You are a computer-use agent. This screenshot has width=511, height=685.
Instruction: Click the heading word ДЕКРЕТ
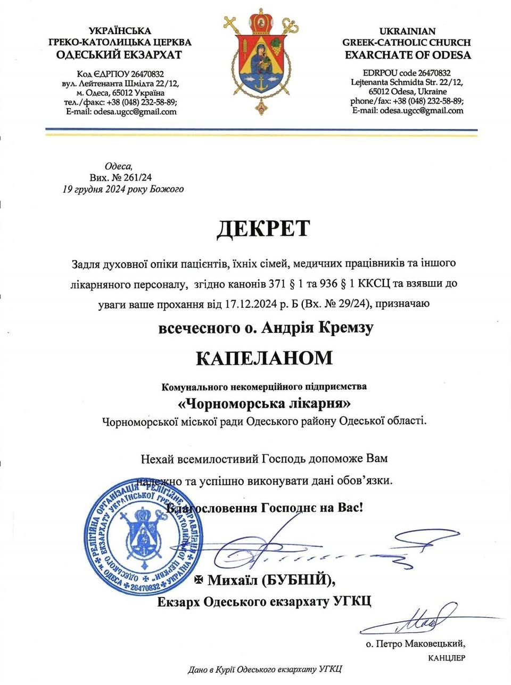click(263, 228)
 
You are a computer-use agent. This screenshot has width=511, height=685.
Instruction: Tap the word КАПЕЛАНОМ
click(264, 357)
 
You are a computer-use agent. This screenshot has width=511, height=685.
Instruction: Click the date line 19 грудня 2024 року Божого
click(123, 189)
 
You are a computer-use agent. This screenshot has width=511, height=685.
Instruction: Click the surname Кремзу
click(345, 327)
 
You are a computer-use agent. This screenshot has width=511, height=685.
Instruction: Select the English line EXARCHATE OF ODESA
click(407, 55)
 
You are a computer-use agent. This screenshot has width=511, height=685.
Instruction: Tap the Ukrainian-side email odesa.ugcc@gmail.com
click(135, 112)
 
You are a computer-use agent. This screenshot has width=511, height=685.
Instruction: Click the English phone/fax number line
click(407, 101)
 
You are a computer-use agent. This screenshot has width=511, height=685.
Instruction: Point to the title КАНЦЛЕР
click(447, 658)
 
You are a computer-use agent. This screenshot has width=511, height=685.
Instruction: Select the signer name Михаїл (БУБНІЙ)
click(271, 580)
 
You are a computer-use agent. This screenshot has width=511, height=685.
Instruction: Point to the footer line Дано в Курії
click(265, 670)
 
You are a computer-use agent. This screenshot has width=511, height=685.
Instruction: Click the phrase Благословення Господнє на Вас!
click(265, 507)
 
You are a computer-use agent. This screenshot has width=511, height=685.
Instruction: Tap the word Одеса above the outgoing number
click(118, 166)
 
